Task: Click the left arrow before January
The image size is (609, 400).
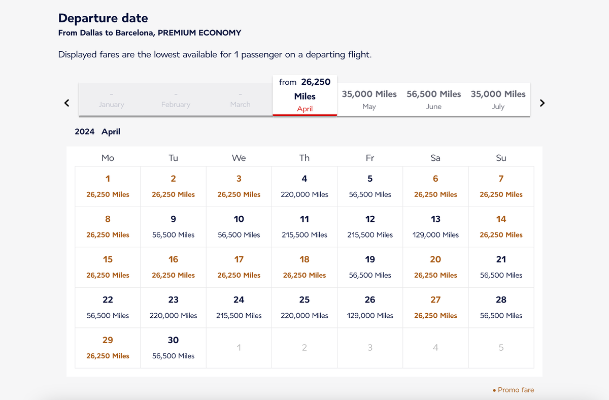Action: [66, 103]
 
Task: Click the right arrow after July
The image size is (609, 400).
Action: [542, 103]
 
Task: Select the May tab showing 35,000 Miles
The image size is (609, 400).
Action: [369, 99]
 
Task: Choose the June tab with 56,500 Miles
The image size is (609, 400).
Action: [433, 99]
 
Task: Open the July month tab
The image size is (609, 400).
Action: [498, 99]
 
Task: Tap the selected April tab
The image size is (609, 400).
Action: [304, 96]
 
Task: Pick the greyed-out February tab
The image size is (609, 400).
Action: [176, 99]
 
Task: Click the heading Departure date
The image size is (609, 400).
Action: [103, 18]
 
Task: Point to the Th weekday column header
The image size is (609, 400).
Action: [304, 158]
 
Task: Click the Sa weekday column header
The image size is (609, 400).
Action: [435, 158]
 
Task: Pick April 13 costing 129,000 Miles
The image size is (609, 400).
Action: [435, 226]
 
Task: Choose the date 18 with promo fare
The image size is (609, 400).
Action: [304, 267]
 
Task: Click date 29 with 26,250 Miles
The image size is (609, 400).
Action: [108, 348]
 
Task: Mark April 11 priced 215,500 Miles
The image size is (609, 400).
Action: [304, 226]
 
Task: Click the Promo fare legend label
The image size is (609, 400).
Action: [516, 390]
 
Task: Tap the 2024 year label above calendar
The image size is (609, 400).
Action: [85, 131]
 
